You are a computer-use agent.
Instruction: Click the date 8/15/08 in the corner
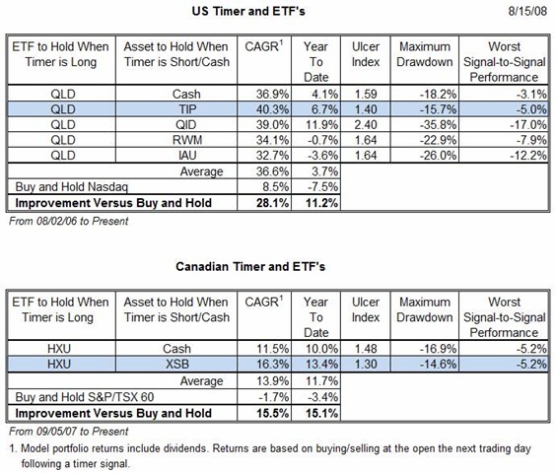(x=527, y=11)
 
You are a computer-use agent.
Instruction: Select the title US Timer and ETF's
(x=248, y=11)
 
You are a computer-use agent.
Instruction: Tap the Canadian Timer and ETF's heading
(x=250, y=266)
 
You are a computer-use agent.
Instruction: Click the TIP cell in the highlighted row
(x=187, y=109)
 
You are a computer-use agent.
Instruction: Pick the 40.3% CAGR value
(x=272, y=109)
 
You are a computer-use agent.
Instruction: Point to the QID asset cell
(x=185, y=125)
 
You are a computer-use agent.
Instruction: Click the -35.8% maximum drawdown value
(x=438, y=125)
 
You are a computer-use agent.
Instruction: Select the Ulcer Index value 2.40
(x=366, y=125)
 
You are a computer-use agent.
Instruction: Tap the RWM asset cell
(x=187, y=140)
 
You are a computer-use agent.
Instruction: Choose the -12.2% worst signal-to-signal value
(x=528, y=156)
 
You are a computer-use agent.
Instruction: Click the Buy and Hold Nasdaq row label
(x=71, y=187)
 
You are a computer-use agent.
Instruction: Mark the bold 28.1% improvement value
(x=272, y=203)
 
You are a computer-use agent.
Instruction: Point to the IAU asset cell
(x=187, y=156)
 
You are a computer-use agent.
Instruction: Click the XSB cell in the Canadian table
(x=177, y=365)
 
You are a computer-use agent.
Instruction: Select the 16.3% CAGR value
(x=272, y=365)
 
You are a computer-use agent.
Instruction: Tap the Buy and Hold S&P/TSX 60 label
(x=85, y=397)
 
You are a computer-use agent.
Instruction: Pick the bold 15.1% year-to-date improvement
(x=321, y=414)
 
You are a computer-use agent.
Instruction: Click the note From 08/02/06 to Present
(x=68, y=221)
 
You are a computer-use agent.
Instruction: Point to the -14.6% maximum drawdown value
(x=438, y=365)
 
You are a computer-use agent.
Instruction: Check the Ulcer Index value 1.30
(x=366, y=365)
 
